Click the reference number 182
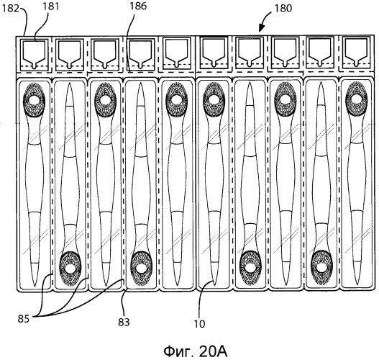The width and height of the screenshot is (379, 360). pos(10,9)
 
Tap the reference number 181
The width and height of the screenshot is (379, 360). pos(51,6)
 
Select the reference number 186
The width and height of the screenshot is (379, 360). pos(138,6)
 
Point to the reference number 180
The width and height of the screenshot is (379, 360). pos(283,9)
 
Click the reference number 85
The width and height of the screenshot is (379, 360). pos(24,319)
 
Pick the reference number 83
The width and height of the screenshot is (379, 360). pos(124,322)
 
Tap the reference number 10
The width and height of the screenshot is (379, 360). pos(200,324)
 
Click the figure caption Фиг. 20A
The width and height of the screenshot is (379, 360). pos(196,351)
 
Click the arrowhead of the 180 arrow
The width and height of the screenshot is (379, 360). pos(261,29)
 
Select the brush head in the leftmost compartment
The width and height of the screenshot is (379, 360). pos(34,99)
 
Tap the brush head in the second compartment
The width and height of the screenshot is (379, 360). pos(70,269)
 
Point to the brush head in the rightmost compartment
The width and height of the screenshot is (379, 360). pos(356,99)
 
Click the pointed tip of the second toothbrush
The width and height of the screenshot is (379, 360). pos(70,84)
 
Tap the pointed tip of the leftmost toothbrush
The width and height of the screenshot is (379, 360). pos(35,286)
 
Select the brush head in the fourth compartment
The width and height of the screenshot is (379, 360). pos(142,269)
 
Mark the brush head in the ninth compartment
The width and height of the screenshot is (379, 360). pos(321,267)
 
